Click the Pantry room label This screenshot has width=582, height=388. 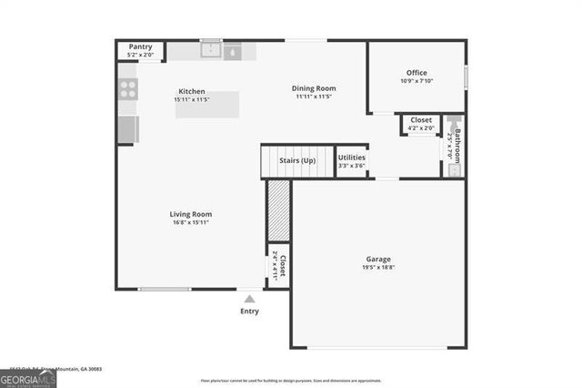140,46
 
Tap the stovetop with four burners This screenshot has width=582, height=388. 128,88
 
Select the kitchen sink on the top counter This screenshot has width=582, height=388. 211,51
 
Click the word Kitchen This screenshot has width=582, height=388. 191,91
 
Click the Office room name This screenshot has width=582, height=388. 416,73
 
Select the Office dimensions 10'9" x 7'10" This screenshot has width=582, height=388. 416,81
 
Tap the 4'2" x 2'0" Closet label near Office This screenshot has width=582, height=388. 421,123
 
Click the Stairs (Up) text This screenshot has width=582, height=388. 297,161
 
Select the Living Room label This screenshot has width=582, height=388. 190,214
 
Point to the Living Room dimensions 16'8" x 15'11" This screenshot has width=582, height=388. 190,222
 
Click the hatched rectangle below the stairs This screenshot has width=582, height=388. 278,210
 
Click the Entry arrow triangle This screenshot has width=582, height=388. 249,297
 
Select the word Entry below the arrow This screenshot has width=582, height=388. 249,311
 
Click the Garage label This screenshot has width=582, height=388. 380,260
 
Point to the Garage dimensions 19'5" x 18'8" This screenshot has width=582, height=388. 380,268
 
